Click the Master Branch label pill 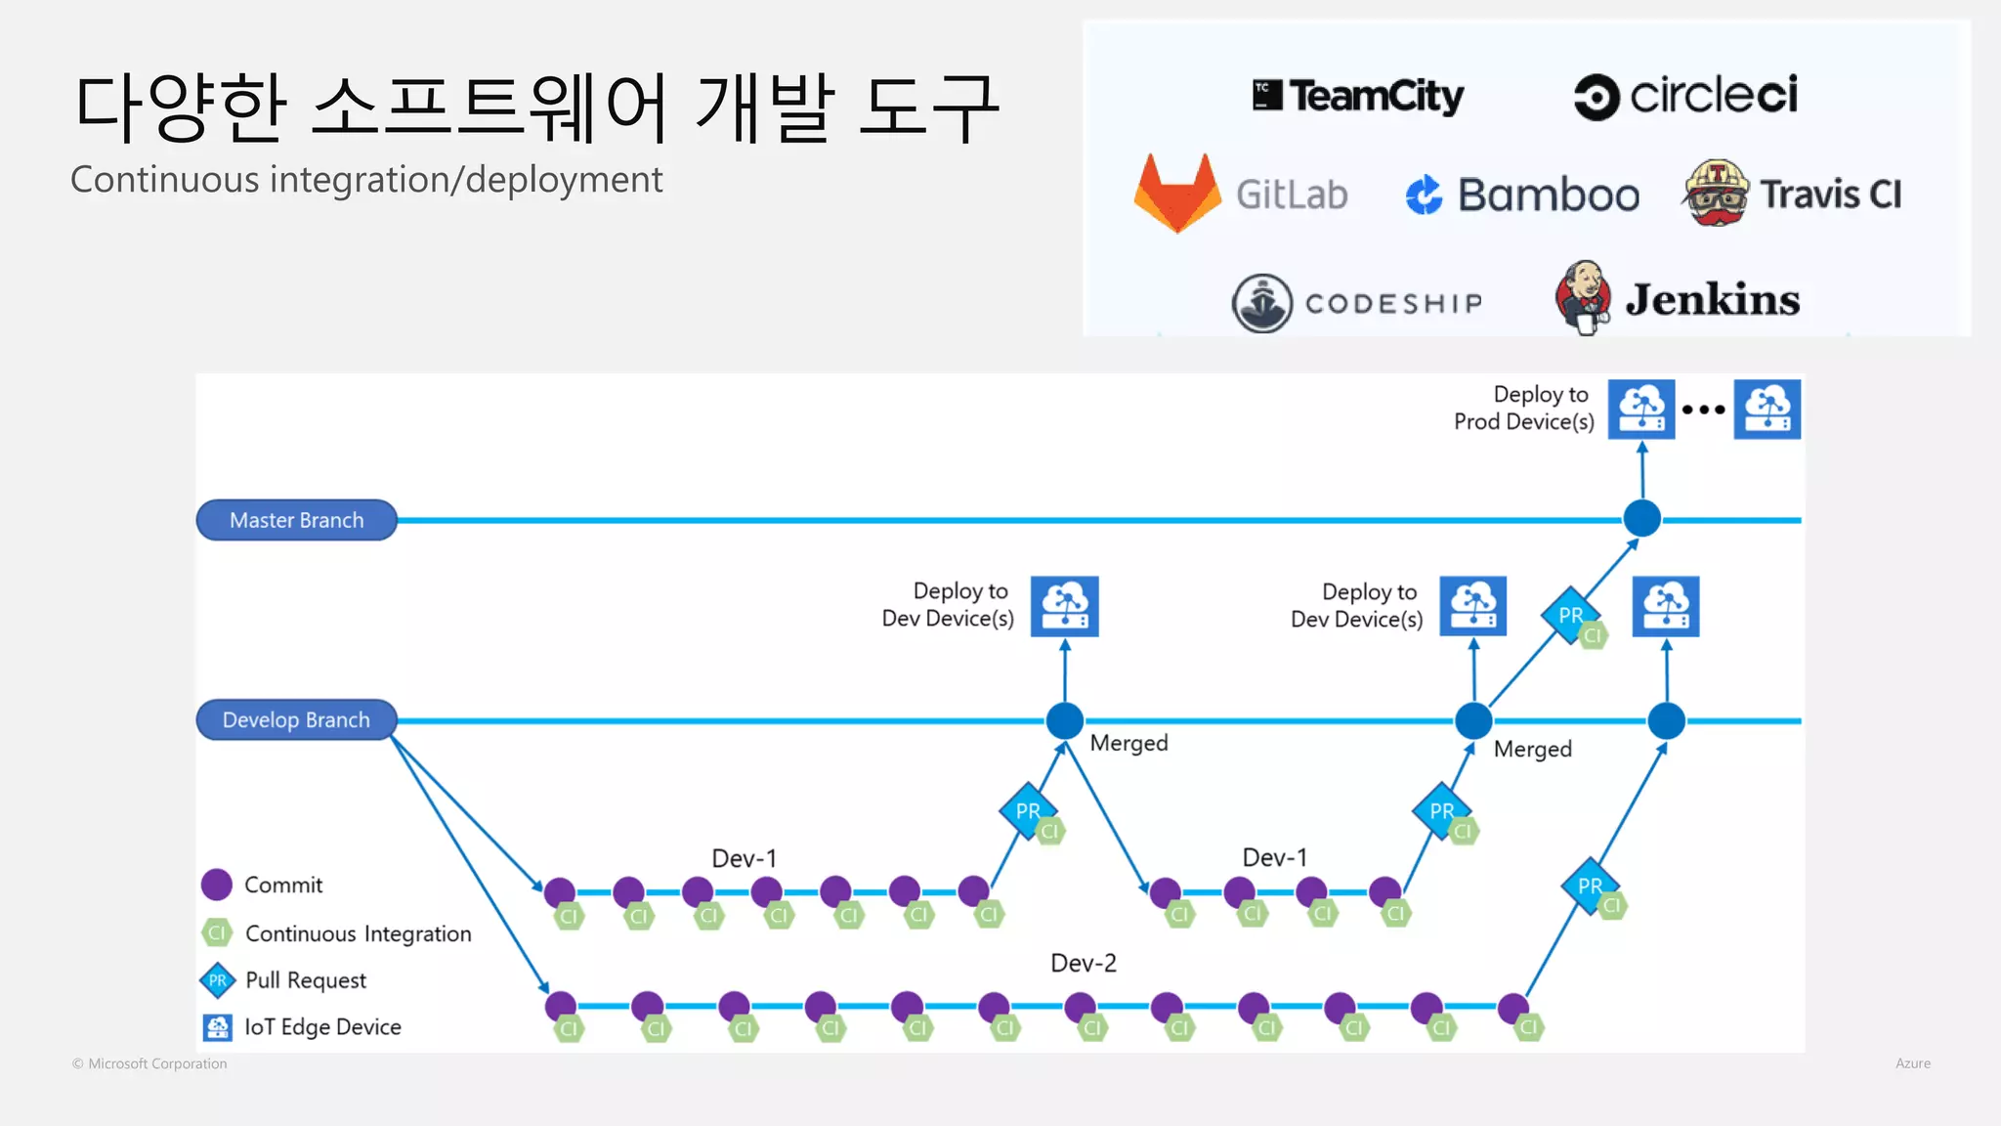(296, 520)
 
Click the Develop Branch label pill (296, 720)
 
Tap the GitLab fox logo (1177, 194)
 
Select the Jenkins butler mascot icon (1583, 296)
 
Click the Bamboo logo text (1548, 195)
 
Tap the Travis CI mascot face (1716, 193)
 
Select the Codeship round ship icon (1261, 303)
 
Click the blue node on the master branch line (1641, 518)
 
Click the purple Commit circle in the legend (216, 885)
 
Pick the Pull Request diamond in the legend (217, 980)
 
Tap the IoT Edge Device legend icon (217, 1027)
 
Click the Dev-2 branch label (1083, 963)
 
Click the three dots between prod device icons (1703, 410)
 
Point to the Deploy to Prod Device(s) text (1523, 408)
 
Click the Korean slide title (536, 107)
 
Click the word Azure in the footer (1912, 1063)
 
